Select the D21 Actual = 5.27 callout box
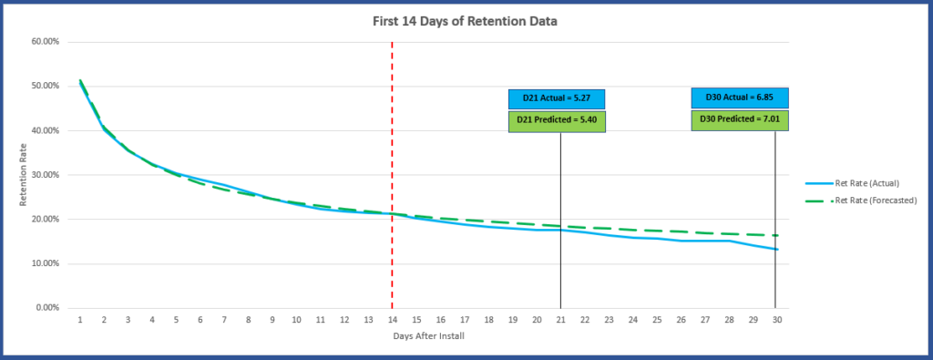point(557,98)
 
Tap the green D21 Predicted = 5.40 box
point(557,120)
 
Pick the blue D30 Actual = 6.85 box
point(739,97)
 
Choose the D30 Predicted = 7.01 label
point(739,119)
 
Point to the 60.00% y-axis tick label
point(46,42)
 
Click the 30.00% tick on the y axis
point(46,175)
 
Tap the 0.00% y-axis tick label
point(47,308)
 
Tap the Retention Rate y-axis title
point(25,175)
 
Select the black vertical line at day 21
point(560,264)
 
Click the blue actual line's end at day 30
point(775,249)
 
